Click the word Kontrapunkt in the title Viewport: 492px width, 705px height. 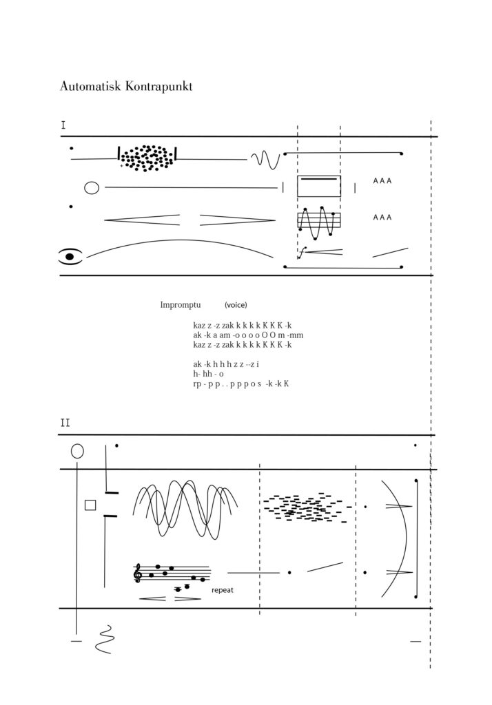tap(159, 87)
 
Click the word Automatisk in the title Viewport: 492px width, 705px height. tap(90, 86)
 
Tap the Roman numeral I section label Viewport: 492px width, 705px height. tap(63, 125)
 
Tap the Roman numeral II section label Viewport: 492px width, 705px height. tap(65, 423)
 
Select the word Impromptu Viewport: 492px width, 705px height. tap(181, 305)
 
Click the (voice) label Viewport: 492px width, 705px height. tap(236, 305)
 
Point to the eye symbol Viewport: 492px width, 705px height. tap(71, 256)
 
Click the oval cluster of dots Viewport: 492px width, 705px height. tap(147, 158)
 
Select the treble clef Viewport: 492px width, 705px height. tap(138, 574)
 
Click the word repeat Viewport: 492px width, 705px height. tap(223, 590)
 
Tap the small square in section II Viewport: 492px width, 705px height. tap(90, 505)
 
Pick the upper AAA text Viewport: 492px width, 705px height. tap(382, 181)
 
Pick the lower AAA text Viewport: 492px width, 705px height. tap(382, 217)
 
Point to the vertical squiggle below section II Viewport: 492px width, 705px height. tap(105, 639)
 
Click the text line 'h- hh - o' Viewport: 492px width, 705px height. tap(208, 374)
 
